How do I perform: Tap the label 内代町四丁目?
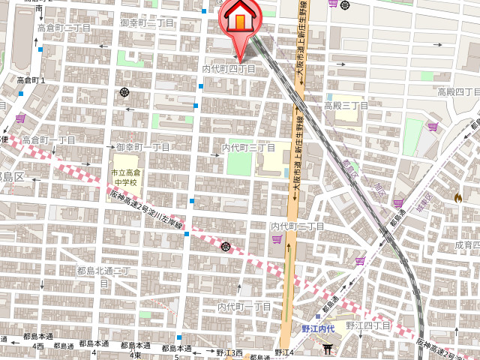pos(229,69)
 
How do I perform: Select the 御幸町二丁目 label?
pos(147,23)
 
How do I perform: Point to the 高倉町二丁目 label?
pos(64,28)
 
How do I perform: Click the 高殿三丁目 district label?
pos(346,106)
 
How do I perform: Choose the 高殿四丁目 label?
pos(457,92)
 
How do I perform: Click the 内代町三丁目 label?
pos(248,148)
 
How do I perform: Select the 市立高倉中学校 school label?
pos(124,178)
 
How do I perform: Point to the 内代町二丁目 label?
pos(297,226)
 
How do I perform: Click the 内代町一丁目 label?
pos(244,307)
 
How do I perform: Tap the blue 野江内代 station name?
pos(317,328)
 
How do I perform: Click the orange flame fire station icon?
pos(457,197)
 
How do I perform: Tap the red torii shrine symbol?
pos(327,349)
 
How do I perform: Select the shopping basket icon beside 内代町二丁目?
pos(277,239)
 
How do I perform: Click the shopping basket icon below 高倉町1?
pos(20,118)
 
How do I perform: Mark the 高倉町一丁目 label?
pos(48,140)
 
